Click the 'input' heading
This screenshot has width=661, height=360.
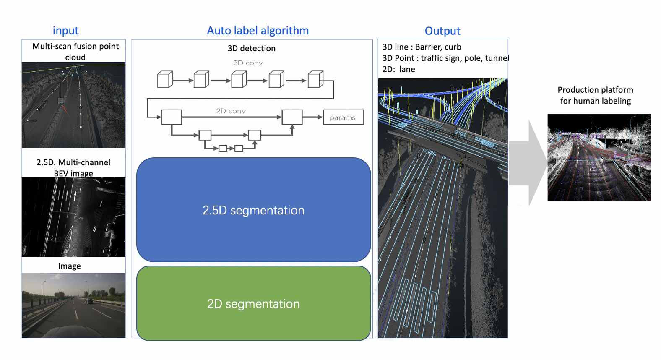(x=65, y=31)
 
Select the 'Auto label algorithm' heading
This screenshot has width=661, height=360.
(x=258, y=31)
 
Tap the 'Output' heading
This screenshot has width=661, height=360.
(x=442, y=31)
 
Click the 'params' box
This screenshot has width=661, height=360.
(x=343, y=117)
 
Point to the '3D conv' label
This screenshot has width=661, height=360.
(x=247, y=63)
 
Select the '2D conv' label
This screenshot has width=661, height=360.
(x=231, y=111)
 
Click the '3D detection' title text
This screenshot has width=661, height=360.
(x=251, y=48)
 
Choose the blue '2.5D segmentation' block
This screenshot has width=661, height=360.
(x=253, y=210)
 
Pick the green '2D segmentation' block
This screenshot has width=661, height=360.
(x=253, y=303)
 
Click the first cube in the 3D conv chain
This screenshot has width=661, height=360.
(x=164, y=79)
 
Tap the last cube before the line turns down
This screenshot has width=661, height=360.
(x=315, y=79)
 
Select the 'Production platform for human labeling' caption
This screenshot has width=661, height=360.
(x=595, y=95)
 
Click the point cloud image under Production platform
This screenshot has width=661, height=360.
(x=599, y=157)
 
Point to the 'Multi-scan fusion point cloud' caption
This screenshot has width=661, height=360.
(x=75, y=52)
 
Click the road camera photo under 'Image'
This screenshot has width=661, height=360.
(x=73, y=305)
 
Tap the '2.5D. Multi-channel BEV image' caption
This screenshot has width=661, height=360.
(x=73, y=167)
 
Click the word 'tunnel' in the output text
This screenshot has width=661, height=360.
(x=497, y=58)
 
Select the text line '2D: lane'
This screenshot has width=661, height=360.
(x=398, y=69)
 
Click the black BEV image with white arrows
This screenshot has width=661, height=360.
(x=73, y=217)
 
